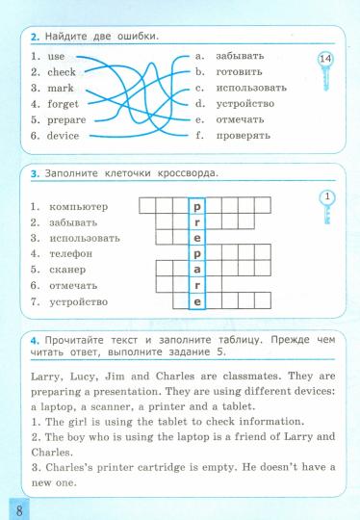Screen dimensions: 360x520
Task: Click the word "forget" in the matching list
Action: pyautogui.click(x=63, y=104)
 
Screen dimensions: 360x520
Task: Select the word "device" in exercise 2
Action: pyautogui.click(x=63, y=136)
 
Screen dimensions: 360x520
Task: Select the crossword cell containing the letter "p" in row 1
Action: pyautogui.click(x=196, y=205)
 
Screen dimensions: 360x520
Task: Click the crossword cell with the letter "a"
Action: pyautogui.click(x=196, y=270)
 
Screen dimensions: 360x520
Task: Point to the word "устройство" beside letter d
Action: pyautogui.click(x=245, y=104)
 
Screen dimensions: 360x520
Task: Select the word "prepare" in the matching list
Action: pyautogui.click(x=65, y=120)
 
